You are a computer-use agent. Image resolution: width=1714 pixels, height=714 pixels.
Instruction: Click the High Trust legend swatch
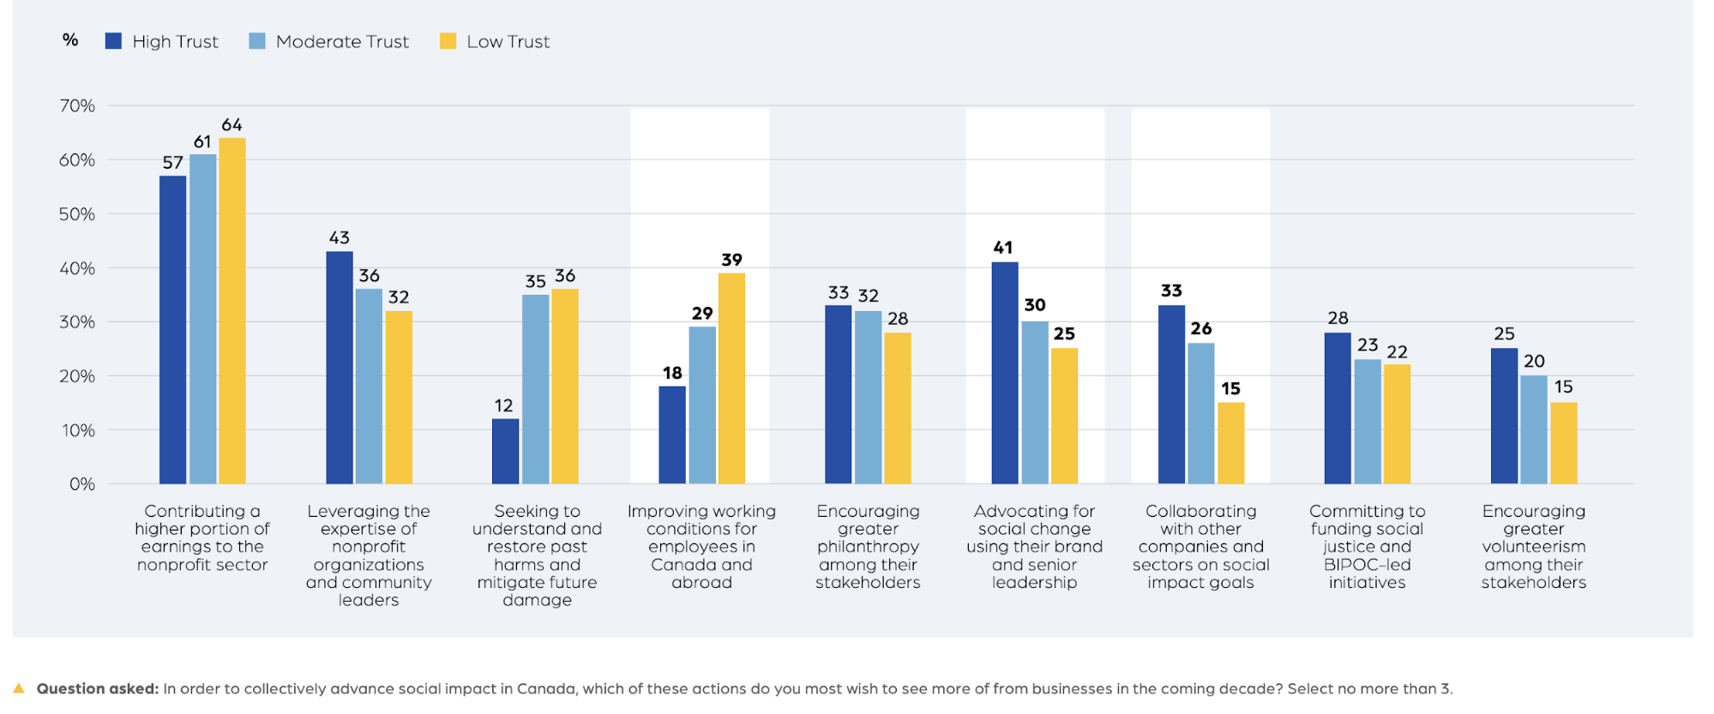coord(113,41)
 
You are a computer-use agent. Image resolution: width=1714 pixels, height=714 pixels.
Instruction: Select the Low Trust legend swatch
coord(448,41)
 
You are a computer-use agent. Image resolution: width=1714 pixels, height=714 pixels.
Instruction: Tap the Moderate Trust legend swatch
coord(256,41)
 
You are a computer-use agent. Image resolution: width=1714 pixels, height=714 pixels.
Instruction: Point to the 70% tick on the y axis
coord(77,106)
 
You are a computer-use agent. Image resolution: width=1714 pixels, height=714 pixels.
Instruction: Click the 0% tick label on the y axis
coord(82,484)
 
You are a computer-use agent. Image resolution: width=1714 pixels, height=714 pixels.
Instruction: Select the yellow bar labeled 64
coord(232,310)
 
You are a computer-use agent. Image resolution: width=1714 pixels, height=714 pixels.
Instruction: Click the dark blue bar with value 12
coord(506,451)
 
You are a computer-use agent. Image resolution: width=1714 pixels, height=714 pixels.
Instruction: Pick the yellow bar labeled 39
coord(731,378)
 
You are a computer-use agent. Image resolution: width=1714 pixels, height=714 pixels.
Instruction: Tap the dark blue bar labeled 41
coord(1005,373)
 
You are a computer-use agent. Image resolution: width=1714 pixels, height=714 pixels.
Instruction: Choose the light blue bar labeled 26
coord(1201,413)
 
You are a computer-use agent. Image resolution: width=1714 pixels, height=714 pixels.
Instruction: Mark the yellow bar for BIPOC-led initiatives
coord(1397,423)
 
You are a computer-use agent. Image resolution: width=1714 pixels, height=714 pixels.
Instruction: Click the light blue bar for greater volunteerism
coord(1534,429)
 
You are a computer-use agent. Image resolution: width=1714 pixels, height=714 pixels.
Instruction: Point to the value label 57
coord(173,163)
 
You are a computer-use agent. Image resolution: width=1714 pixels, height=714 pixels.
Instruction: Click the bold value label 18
coord(672,373)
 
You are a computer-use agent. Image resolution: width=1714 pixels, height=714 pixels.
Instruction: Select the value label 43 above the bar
coord(340,237)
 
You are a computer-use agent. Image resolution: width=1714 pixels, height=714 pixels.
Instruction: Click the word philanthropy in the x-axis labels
coord(868,547)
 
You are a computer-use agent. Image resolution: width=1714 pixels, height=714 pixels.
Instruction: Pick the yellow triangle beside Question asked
coord(19,687)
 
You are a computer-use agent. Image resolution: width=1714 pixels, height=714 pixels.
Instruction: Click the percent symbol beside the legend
coord(70,39)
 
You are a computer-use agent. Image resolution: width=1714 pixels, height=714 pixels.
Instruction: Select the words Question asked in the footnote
coord(98,688)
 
